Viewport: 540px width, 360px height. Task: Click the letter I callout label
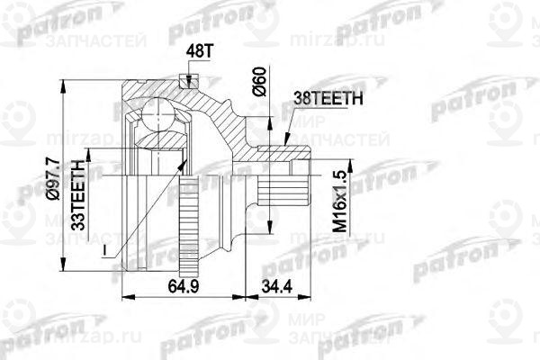click(x=105, y=248)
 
